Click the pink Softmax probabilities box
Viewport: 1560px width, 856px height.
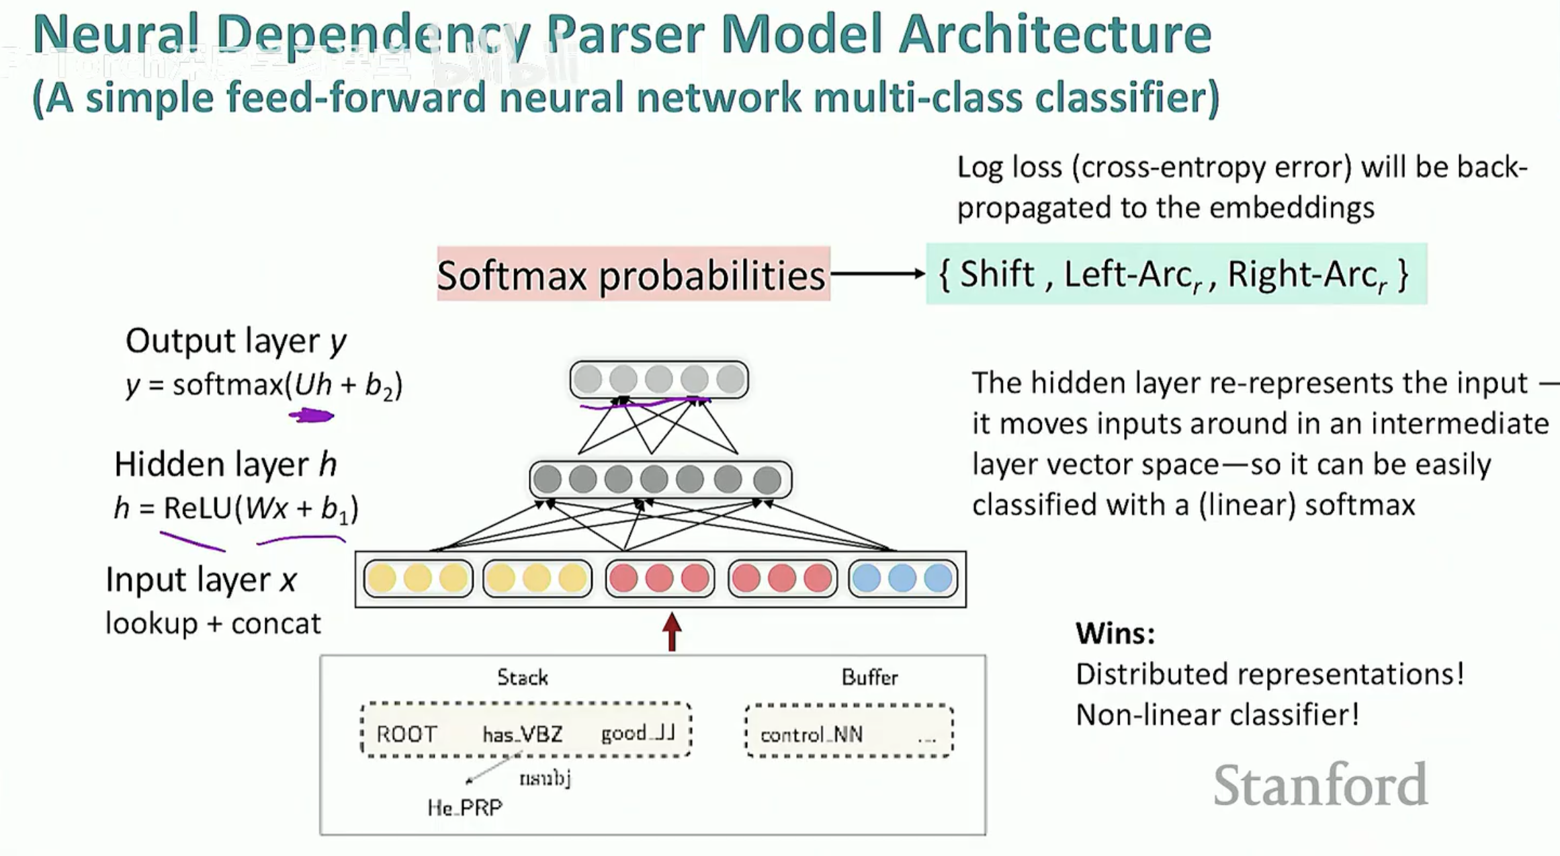coord(633,274)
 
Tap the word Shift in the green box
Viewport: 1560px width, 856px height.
coord(996,274)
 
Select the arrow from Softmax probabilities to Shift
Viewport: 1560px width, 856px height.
coord(877,273)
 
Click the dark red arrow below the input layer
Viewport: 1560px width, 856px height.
coord(672,631)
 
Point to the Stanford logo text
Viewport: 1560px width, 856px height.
coord(1320,784)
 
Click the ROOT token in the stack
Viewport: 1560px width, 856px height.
coord(406,734)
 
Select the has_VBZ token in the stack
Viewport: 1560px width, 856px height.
coord(522,734)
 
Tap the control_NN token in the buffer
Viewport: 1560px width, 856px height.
coord(811,734)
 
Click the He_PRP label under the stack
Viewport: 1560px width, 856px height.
coord(464,807)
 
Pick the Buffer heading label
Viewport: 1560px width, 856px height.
coord(869,677)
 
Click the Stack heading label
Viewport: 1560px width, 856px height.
coord(522,677)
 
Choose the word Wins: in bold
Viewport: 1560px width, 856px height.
coord(1115,633)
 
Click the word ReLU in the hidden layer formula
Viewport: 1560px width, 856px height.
coord(198,508)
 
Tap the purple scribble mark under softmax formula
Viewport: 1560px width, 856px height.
coord(311,416)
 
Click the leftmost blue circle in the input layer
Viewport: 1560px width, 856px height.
coord(867,579)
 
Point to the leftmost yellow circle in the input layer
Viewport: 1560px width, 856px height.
coord(382,579)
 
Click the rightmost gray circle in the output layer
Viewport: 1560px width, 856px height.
coord(730,380)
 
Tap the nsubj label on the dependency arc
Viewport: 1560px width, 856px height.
coord(545,778)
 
